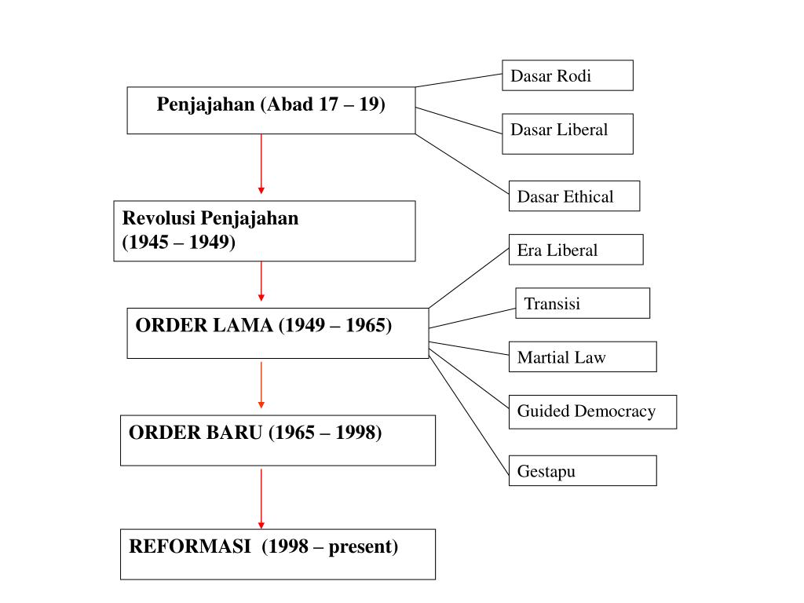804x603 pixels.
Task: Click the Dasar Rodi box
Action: click(x=567, y=75)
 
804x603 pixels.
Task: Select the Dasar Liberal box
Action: click(x=567, y=133)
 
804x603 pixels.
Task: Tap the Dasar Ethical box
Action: click(x=574, y=196)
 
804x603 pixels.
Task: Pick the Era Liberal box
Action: click(x=576, y=250)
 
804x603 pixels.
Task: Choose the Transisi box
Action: click(x=583, y=303)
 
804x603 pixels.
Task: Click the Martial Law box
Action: click(x=582, y=357)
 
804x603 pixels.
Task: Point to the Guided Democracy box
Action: click(x=592, y=411)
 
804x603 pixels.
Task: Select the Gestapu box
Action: click(x=582, y=471)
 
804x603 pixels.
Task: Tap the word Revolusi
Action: click(x=159, y=218)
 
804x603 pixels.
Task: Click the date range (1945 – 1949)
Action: click(x=178, y=243)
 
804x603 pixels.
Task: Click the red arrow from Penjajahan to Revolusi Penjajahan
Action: click(x=261, y=163)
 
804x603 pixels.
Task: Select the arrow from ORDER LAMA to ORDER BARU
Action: click(x=261, y=385)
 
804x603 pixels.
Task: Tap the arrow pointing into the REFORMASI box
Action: click(x=261, y=499)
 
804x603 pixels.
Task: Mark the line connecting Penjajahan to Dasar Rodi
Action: click(x=459, y=80)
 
